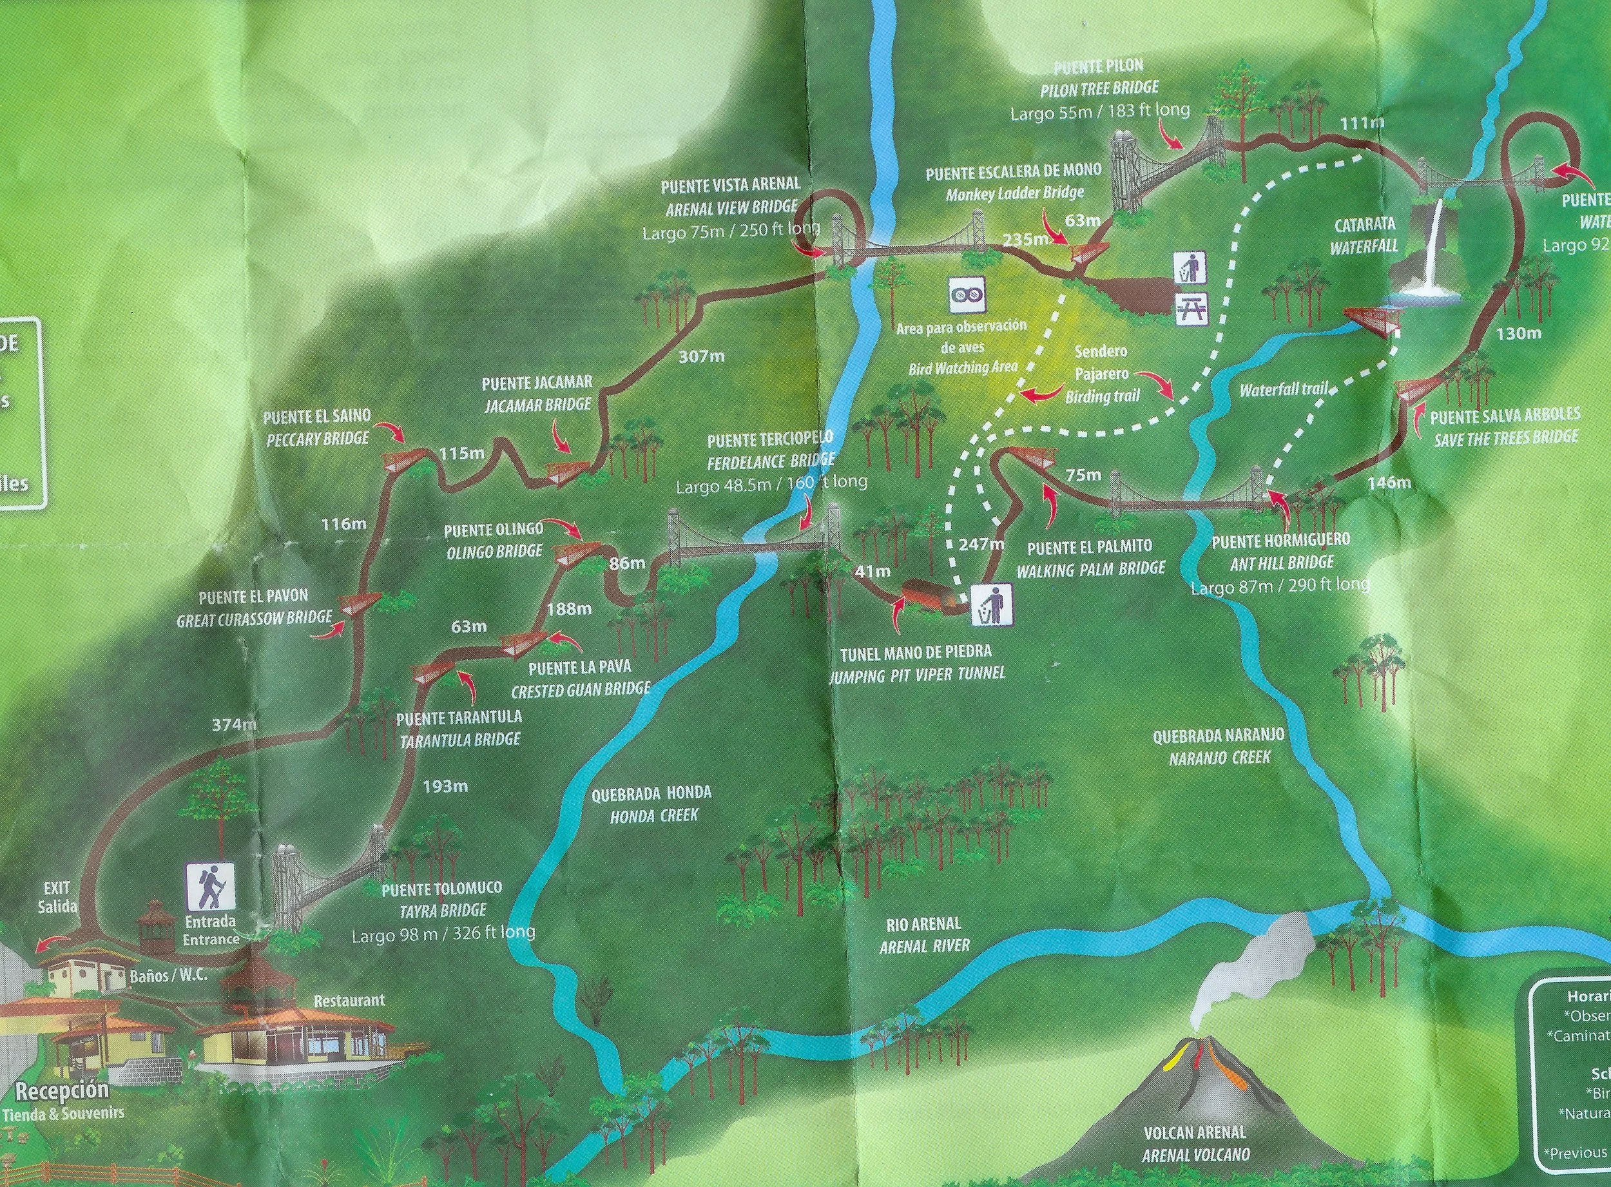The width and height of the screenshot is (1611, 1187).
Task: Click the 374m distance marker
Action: [235, 725]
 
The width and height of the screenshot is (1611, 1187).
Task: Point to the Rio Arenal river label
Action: [924, 935]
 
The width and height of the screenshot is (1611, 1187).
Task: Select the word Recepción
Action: [63, 1090]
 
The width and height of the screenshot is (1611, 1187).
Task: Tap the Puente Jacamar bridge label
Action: [538, 392]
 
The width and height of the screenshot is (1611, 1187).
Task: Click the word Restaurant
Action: [350, 999]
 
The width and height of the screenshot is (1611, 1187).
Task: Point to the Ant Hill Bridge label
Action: [1280, 550]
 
